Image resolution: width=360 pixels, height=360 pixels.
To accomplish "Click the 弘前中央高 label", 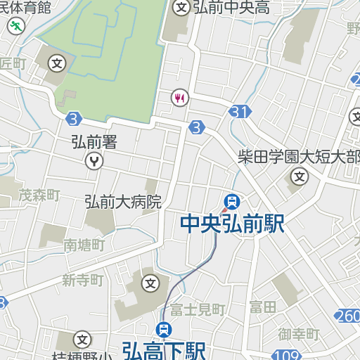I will (231, 8).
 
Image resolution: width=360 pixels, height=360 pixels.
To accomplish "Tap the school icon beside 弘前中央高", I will (181, 8).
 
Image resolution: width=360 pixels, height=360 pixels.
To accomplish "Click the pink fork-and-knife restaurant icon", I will (181, 97).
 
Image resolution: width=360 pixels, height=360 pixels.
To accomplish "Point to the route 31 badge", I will (240, 111).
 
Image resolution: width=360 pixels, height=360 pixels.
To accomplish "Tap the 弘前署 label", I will (94, 142).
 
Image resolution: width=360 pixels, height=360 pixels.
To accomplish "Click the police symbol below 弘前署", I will (94, 161).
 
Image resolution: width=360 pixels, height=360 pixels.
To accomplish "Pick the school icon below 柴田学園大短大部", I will (300, 175).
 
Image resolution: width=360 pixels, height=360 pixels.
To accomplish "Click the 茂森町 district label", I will (39, 195).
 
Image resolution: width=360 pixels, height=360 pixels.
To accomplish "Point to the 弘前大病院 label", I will (123, 202).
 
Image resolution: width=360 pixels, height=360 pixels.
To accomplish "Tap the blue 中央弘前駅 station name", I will (232, 224).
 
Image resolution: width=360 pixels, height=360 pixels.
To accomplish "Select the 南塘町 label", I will (84, 245).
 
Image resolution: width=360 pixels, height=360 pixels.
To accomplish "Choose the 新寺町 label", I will (82, 281).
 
